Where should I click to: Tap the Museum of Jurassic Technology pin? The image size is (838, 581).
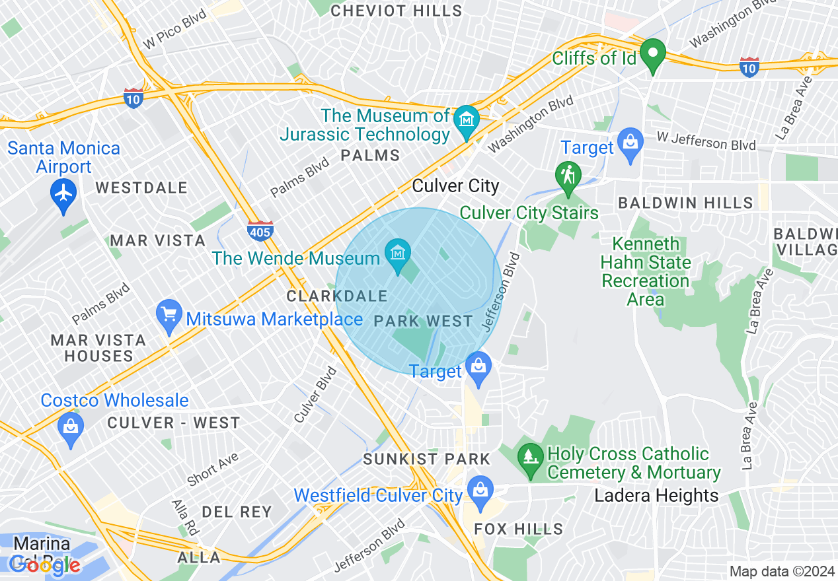(467, 121)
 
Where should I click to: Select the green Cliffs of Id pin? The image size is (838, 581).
(653, 54)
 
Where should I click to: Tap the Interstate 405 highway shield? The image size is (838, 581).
(260, 231)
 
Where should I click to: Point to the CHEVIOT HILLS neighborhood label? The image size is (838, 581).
(397, 11)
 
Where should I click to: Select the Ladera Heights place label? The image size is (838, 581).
(656, 496)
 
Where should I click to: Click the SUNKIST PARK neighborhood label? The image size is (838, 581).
(427, 459)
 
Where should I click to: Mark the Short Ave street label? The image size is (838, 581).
(212, 469)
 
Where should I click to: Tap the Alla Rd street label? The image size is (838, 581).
(184, 518)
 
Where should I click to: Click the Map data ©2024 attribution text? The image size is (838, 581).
(781, 571)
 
